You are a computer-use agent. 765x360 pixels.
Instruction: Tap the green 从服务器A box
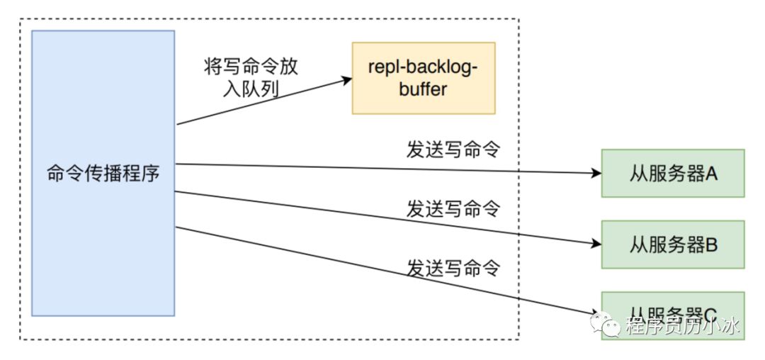673,173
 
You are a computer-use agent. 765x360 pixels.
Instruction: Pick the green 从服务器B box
673,244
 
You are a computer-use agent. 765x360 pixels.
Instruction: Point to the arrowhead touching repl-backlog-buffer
346,80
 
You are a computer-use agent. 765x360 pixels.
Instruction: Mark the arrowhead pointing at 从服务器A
596,173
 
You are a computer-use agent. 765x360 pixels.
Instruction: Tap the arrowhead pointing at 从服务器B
596,244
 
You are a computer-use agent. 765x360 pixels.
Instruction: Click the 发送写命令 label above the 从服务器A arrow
453,150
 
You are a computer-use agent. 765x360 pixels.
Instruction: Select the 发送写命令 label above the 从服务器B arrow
453,208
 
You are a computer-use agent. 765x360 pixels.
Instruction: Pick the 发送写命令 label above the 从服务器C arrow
453,267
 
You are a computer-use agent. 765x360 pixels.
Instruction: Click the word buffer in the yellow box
424,89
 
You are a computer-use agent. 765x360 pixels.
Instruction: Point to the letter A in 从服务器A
711,174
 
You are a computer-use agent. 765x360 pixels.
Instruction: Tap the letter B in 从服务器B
711,244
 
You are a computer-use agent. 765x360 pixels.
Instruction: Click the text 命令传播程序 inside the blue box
103,173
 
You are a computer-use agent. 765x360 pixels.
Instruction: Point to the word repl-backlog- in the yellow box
424,69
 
